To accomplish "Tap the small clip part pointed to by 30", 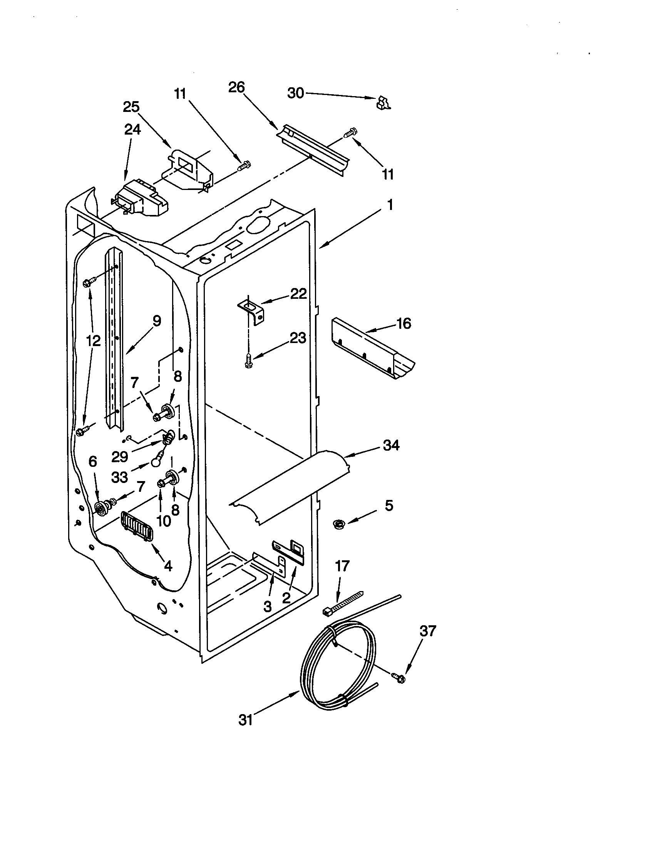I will point(383,103).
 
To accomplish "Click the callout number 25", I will point(131,107).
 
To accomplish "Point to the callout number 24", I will point(132,129).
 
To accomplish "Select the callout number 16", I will point(404,323).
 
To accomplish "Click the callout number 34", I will point(391,445).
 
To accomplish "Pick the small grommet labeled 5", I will point(340,525).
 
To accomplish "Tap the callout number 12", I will point(93,341).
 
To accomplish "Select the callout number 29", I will point(119,457).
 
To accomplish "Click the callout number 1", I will point(390,205).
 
